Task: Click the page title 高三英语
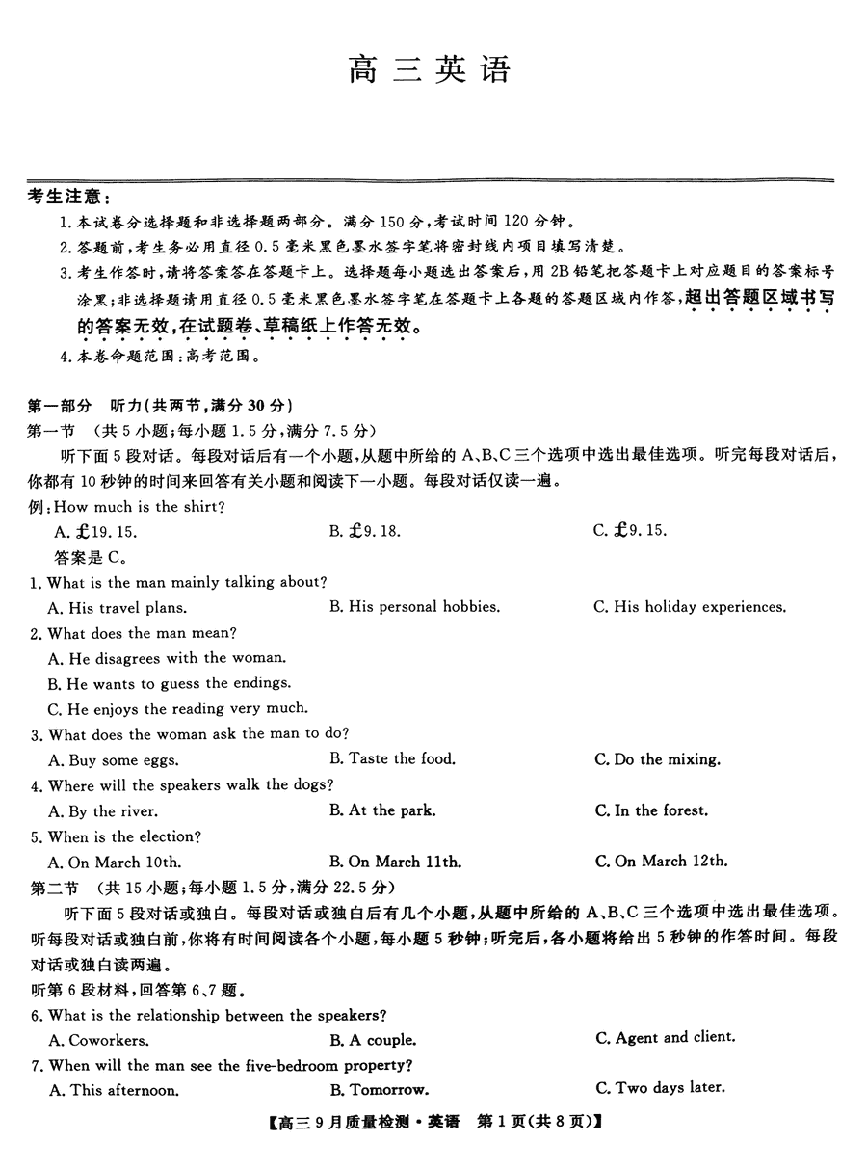coord(430,69)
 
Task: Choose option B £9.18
coord(365,531)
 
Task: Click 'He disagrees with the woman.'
coord(167,658)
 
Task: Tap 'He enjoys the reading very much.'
coord(177,708)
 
